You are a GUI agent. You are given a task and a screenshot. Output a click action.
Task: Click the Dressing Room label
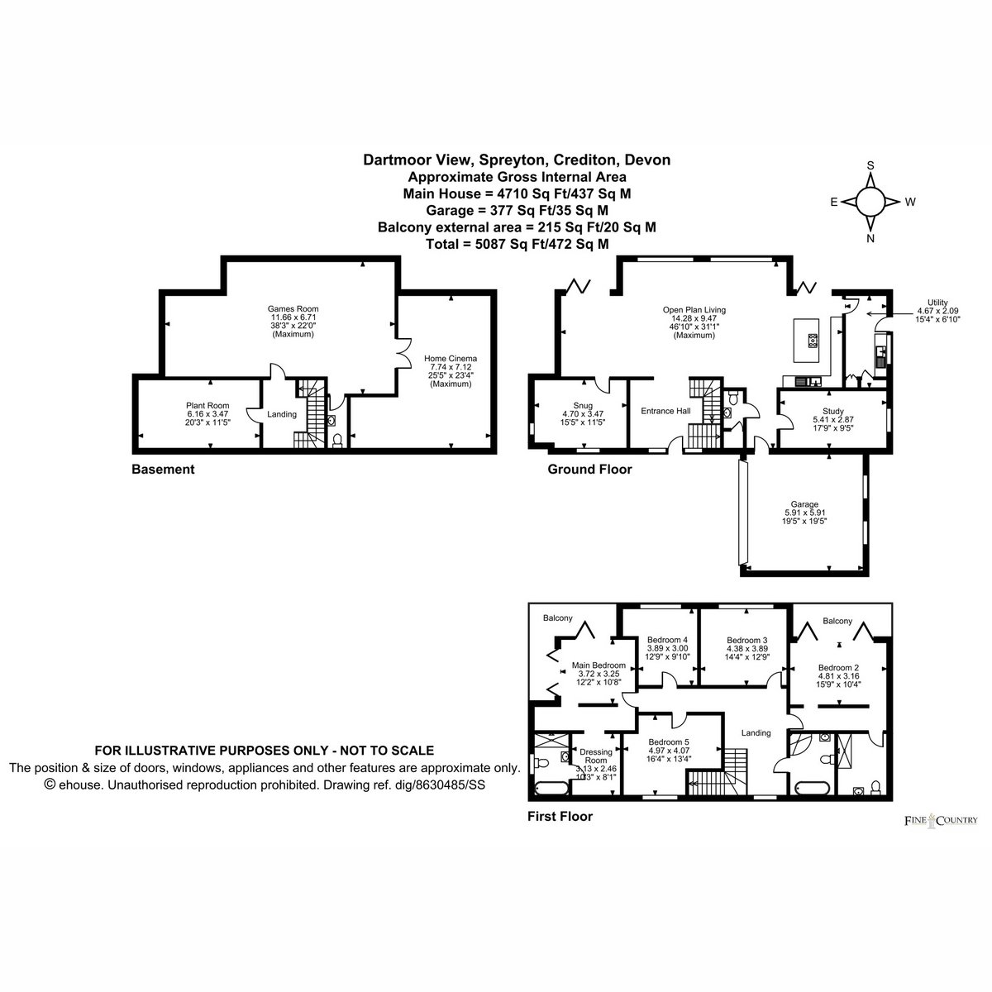(x=596, y=756)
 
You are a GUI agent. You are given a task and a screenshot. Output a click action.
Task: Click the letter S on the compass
(x=870, y=165)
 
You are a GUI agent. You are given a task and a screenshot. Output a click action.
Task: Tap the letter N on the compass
(x=870, y=238)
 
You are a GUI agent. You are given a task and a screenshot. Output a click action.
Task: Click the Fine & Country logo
(x=941, y=819)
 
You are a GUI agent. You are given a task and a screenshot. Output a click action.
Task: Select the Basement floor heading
(x=163, y=469)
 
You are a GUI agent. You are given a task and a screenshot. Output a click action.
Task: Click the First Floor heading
(x=560, y=816)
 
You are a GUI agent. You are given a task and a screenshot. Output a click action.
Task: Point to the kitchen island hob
(x=813, y=341)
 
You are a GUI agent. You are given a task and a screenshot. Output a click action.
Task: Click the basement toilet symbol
(x=337, y=440)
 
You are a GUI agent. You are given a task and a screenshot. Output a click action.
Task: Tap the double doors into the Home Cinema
(x=404, y=352)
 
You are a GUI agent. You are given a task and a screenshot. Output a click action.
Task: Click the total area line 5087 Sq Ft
(x=517, y=244)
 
